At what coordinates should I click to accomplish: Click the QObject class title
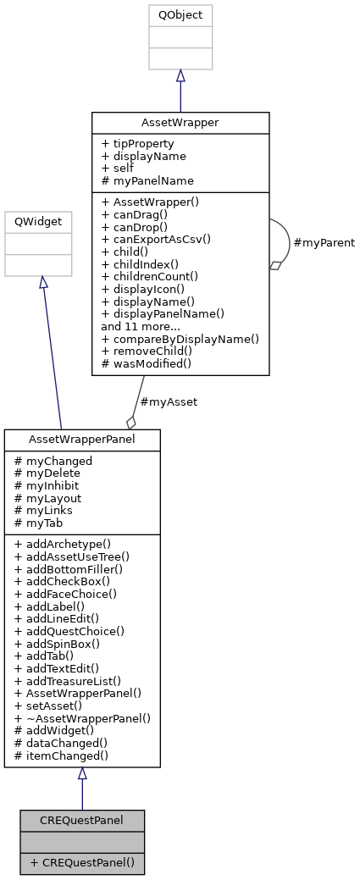coord(180,15)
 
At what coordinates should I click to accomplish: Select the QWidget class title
coord(38,222)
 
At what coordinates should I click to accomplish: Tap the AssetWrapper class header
coord(180,122)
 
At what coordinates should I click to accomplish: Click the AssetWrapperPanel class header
coord(82,440)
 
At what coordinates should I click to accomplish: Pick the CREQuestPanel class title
coord(82,820)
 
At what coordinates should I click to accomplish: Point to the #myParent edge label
coord(324,243)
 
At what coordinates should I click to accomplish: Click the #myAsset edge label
coord(169,401)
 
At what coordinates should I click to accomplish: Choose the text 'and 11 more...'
coord(141,325)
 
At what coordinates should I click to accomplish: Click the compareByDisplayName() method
coord(180,338)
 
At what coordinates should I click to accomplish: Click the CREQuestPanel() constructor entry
coord(82,862)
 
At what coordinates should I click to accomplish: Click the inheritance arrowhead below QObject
coord(180,76)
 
